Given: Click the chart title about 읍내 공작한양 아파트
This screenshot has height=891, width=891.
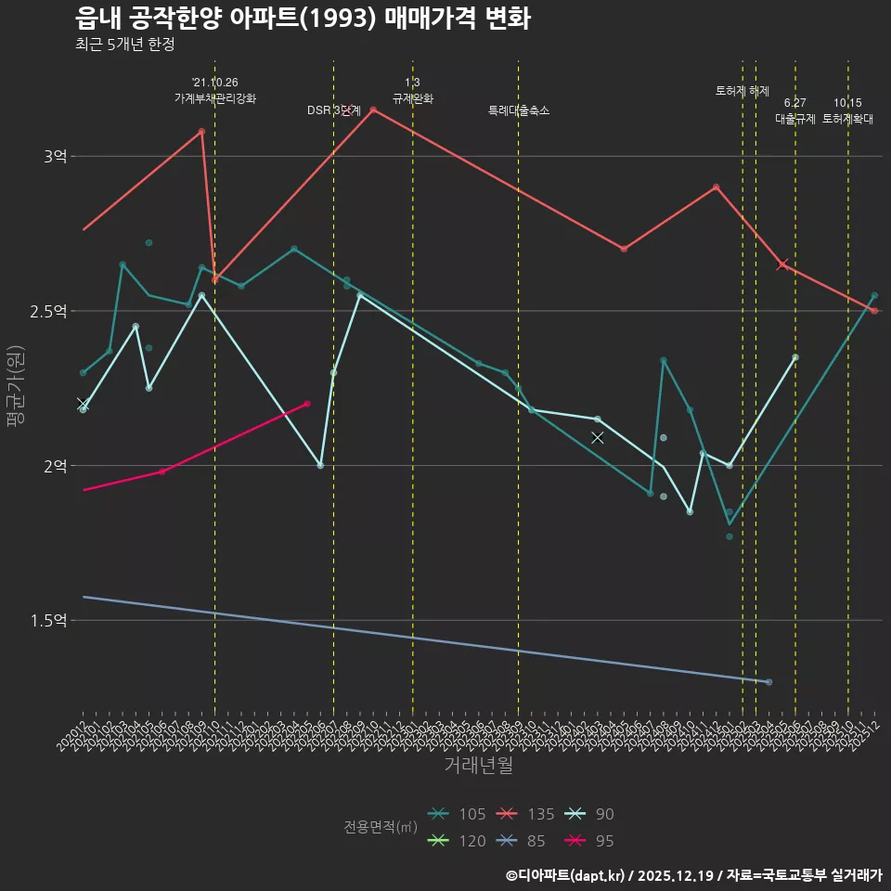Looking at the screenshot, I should click(x=303, y=18).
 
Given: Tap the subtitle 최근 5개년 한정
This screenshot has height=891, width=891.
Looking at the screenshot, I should click(x=124, y=44).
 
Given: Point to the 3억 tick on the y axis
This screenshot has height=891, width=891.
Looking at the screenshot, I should click(x=55, y=157).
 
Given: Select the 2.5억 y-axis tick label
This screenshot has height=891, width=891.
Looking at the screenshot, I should click(x=48, y=311).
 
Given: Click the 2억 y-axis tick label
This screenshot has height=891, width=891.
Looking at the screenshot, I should click(x=55, y=466).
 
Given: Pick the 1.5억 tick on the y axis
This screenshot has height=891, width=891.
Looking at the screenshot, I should click(x=48, y=620).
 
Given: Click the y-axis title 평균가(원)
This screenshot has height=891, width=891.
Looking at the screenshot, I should click(x=16, y=385).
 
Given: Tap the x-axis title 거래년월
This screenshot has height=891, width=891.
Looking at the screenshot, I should click(x=478, y=766).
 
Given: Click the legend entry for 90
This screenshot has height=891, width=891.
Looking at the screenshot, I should click(x=590, y=814).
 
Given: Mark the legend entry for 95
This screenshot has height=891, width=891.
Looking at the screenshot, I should click(x=590, y=841).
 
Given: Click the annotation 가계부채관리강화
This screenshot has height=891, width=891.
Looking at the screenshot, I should click(x=215, y=97).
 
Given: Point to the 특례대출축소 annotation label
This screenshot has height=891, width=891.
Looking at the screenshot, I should click(x=519, y=110).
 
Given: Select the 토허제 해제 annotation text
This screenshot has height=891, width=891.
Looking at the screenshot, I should click(x=742, y=91).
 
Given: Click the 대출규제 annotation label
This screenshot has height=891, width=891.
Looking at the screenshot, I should click(x=794, y=119).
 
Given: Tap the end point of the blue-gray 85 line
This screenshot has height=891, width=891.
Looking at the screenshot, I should click(x=768, y=682).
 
